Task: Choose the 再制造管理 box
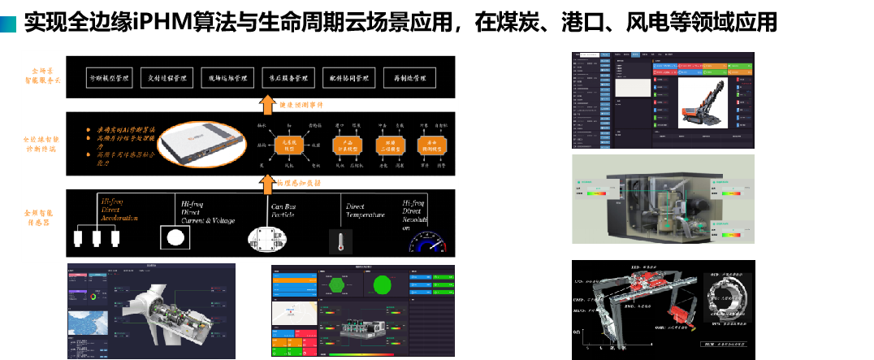tap(409, 78)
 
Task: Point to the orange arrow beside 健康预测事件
tap(266, 103)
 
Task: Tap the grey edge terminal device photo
tap(200, 145)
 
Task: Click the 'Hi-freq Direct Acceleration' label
tap(118, 208)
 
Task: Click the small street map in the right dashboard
tap(293, 311)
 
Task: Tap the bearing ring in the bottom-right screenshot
tap(728, 297)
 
